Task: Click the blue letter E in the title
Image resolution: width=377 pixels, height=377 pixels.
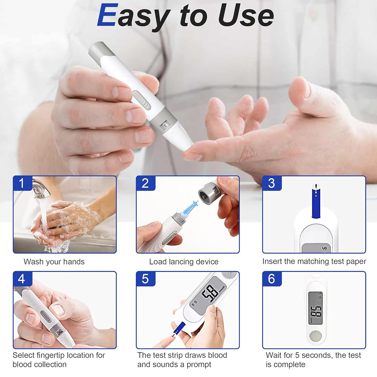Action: pyautogui.click(x=108, y=15)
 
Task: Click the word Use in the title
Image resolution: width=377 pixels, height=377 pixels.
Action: pyautogui.click(x=246, y=15)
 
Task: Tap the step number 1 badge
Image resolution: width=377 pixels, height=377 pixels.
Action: pyautogui.click(x=22, y=183)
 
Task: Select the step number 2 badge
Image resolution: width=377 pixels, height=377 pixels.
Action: pyautogui.click(x=146, y=183)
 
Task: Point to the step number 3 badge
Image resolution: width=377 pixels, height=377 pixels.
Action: pyautogui.click(x=272, y=183)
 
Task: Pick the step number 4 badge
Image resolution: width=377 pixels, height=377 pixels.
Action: pyautogui.click(x=22, y=279)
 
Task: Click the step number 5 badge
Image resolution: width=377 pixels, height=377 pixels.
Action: pyautogui.click(x=146, y=279)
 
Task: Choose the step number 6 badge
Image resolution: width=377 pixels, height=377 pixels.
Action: pyautogui.click(x=272, y=279)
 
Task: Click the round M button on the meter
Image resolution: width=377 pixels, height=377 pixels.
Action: pyautogui.click(x=315, y=336)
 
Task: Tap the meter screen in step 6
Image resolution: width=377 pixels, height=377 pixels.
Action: pyautogui.click(x=315, y=308)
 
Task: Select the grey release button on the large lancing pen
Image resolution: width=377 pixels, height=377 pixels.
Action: pyautogui.click(x=142, y=100)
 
